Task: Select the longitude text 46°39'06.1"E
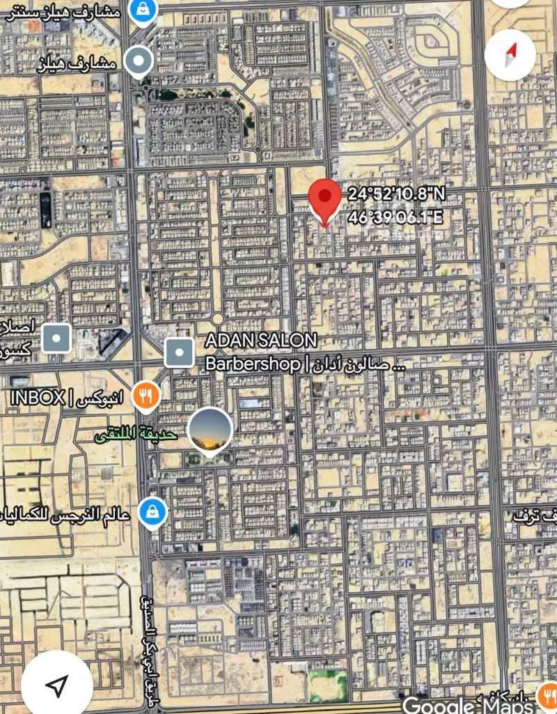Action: (x=395, y=217)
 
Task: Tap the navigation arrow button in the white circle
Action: (x=56, y=685)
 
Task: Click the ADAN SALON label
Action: (x=261, y=341)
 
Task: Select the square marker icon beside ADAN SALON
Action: (x=180, y=353)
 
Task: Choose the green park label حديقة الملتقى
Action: (x=137, y=435)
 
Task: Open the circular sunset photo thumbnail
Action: (x=210, y=430)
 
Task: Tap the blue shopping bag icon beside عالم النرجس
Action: (x=152, y=514)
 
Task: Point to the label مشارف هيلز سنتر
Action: (x=63, y=12)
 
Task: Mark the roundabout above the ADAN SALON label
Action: (x=217, y=318)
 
